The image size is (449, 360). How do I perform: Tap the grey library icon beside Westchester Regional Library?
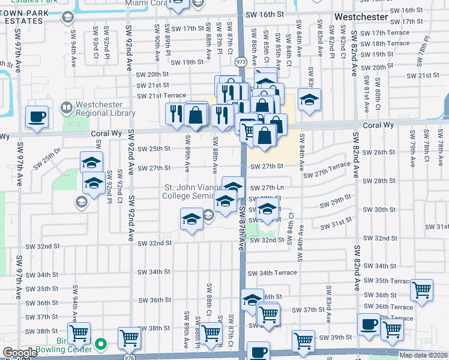pyautogui.click(x=67, y=108)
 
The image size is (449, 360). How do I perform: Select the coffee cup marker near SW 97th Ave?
pyautogui.click(x=37, y=118)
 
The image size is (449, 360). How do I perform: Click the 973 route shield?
pyautogui.click(x=241, y=62)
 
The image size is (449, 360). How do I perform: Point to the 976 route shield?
pyautogui.click(x=129, y=356)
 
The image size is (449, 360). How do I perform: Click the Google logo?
pyautogui.click(x=20, y=353)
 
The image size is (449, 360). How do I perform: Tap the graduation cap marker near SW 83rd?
pyautogui.click(x=309, y=100)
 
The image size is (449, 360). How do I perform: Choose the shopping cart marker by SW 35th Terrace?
pyautogui.click(x=422, y=290)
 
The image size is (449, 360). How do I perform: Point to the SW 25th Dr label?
pyautogui.click(x=48, y=158)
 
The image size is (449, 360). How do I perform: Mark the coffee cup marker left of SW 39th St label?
pyautogui.click(x=369, y=324)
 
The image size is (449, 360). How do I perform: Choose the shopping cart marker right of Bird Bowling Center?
pyautogui.click(x=128, y=338)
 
